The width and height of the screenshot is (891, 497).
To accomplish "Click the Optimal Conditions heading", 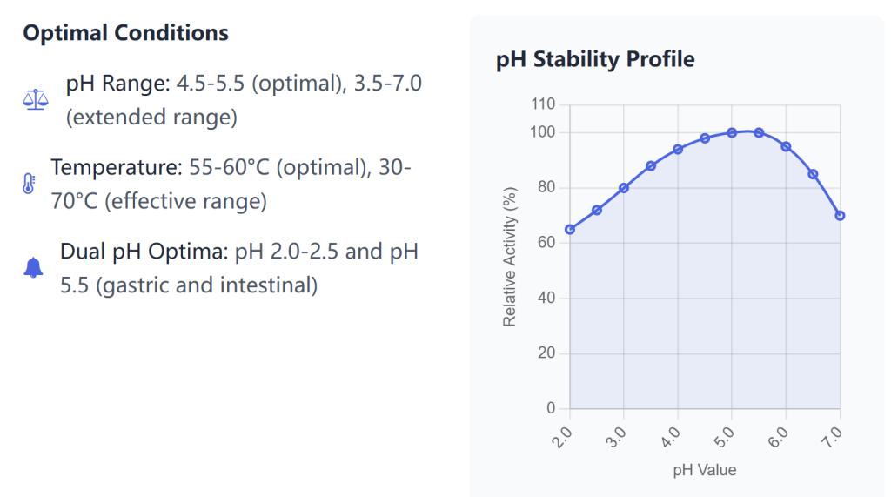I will (x=125, y=33).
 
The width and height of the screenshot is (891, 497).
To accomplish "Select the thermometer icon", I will (x=29, y=184).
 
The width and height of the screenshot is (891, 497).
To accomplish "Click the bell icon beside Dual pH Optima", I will (x=34, y=268).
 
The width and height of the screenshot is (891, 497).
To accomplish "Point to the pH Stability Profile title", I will (x=595, y=59).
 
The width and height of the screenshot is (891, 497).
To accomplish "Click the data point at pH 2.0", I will (x=570, y=230).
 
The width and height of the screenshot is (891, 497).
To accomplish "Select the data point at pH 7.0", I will (x=840, y=216).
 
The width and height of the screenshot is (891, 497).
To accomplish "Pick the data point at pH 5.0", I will (x=732, y=132).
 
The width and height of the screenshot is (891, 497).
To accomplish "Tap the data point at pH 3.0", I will (x=624, y=188).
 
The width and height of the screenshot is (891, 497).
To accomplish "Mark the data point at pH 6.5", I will (x=813, y=174).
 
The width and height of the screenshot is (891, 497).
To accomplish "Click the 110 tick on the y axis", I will (x=543, y=104).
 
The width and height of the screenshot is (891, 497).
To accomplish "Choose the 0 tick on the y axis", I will (x=551, y=408).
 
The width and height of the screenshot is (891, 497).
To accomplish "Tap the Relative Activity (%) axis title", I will (x=510, y=258).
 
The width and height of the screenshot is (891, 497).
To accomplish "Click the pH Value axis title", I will (x=704, y=470).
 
